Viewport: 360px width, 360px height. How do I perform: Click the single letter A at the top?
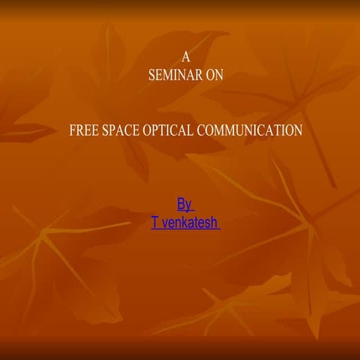pyautogui.click(x=187, y=57)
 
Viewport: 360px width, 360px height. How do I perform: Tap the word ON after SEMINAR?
pyautogui.click(x=214, y=75)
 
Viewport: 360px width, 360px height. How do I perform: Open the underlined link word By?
pyautogui.click(x=184, y=204)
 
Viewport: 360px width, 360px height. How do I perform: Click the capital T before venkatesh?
pyautogui.click(x=154, y=223)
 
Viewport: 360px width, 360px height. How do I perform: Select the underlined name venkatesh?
pyautogui.click(x=189, y=223)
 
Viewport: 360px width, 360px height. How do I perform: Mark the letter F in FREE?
pyautogui.click(x=72, y=130)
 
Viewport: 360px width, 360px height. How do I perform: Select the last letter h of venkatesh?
pyautogui.click(x=214, y=223)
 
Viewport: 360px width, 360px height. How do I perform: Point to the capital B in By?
pyautogui.click(x=181, y=204)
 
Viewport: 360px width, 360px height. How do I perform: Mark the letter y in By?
pyautogui.click(x=189, y=205)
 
